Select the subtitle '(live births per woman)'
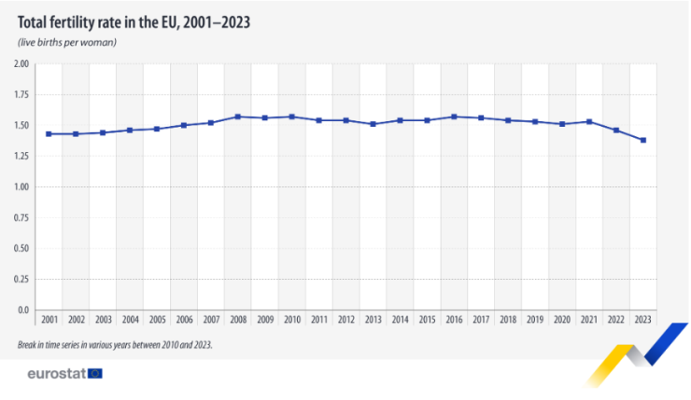pos(66,43)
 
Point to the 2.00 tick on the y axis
pos(21,64)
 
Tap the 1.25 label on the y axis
pos(21,157)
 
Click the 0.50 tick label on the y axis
pos(21,248)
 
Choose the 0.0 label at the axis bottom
pos(24,310)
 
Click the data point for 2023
pos(643,141)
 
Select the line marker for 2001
pos(49,134)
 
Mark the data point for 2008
pos(238,117)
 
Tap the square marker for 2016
pos(455,117)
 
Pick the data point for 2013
pos(374,124)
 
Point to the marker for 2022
pos(616,131)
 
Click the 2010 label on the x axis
pos(292,320)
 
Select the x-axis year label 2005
pos(157,320)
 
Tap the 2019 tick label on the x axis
pos(535,320)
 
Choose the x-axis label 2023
pos(643,320)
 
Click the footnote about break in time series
pos(115,344)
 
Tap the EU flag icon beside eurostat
pos(94,374)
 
